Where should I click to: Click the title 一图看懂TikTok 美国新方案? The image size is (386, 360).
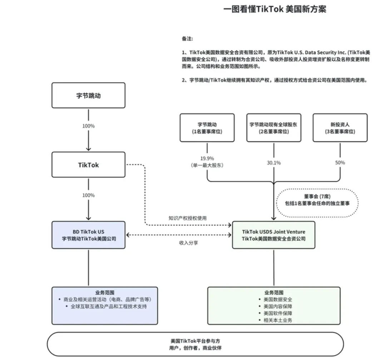point(274,9)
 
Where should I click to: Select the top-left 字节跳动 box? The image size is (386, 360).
point(88,95)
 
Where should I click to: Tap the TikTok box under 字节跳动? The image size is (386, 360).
point(88,165)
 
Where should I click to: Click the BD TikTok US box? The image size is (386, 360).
point(88,235)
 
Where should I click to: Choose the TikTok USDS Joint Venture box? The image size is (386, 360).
point(273,235)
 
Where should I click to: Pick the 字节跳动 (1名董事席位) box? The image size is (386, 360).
point(207,128)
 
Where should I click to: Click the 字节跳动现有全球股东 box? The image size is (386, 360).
point(273,128)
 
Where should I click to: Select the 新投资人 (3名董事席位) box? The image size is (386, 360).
point(340,128)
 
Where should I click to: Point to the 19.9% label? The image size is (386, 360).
point(207,158)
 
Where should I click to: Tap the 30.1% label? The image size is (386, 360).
point(273,163)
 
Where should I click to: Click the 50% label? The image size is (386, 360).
point(340,163)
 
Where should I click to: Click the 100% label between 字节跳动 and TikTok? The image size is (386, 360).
point(88,126)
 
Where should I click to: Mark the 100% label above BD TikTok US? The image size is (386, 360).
point(88,195)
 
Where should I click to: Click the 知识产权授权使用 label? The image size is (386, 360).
point(188,218)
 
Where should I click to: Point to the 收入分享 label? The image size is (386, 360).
point(188,243)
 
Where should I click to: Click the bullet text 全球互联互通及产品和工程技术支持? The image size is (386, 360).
point(106,306)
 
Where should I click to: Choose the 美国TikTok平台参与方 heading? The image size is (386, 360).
point(195,341)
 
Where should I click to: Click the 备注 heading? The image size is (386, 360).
point(187,39)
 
